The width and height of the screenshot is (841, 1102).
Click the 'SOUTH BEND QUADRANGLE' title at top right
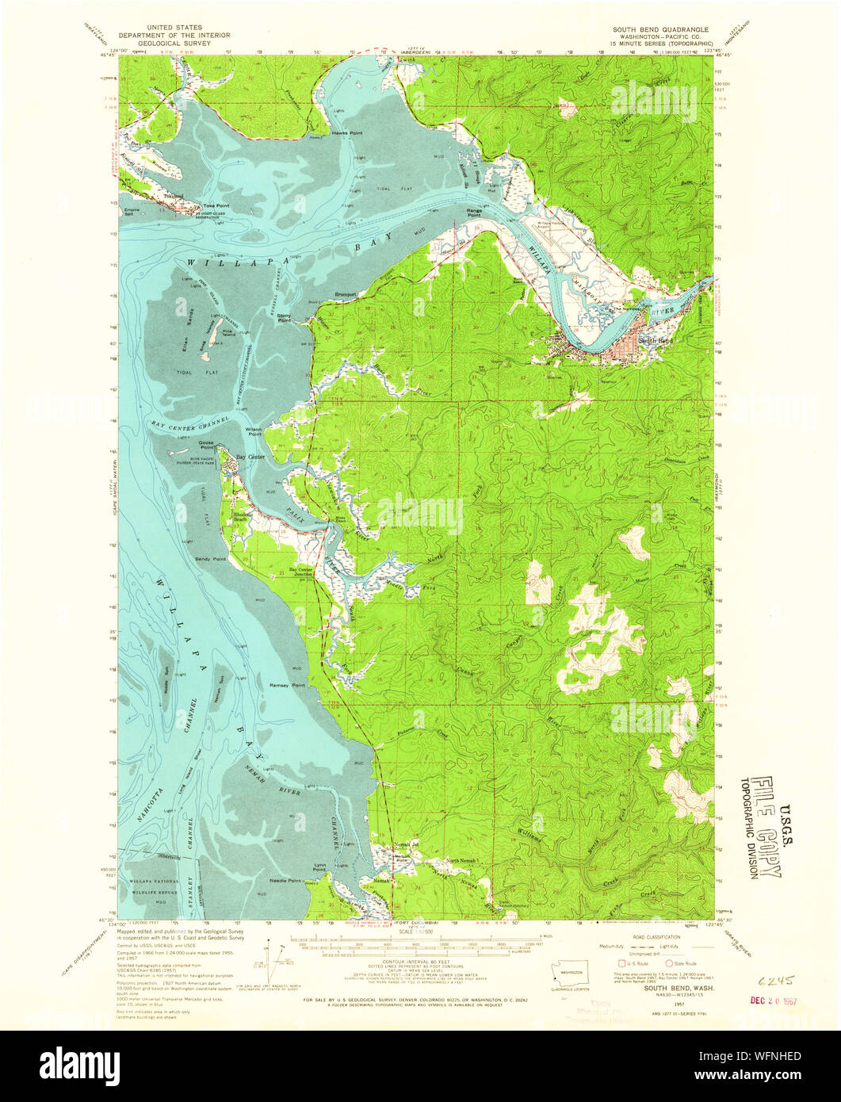coord(660,29)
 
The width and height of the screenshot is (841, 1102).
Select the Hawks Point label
coord(346,133)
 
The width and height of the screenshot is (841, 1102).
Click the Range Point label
coord(474,213)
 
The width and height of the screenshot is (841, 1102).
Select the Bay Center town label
coord(251,457)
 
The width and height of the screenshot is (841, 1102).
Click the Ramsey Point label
coord(287,684)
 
